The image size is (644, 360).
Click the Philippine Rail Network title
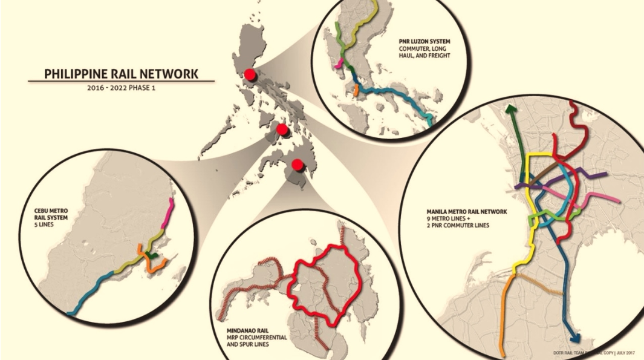pos(121,74)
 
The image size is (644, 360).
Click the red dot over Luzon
pos(249,75)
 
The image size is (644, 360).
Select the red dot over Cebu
pos(282,129)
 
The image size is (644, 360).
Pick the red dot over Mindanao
pos(297,165)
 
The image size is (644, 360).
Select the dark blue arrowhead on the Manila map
pos(573,339)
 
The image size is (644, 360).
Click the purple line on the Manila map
pos(596,177)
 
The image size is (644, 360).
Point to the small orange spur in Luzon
pos(357,90)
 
